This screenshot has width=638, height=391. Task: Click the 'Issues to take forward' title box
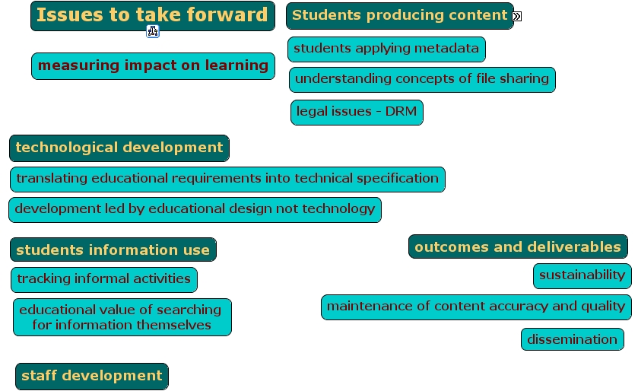pyautogui.click(x=153, y=16)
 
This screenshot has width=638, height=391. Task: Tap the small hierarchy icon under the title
pyautogui.click(x=153, y=31)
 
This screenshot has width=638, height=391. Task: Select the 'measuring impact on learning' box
pyautogui.click(x=153, y=66)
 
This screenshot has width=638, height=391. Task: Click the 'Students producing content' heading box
pyautogui.click(x=400, y=16)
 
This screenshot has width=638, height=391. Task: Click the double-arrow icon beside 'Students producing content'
pyautogui.click(x=517, y=16)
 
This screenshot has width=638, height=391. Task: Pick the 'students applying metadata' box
pyautogui.click(x=386, y=49)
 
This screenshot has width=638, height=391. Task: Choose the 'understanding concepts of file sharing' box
pyautogui.click(x=422, y=80)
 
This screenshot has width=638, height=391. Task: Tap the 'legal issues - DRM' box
pyautogui.click(x=357, y=113)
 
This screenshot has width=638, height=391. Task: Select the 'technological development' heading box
pyautogui.click(x=119, y=148)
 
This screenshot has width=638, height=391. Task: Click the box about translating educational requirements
pyautogui.click(x=227, y=180)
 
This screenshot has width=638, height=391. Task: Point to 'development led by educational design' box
pyautogui.click(x=195, y=210)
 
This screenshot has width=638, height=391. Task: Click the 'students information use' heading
pyautogui.click(x=113, y=250)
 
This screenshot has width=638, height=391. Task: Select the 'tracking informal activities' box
pyautogui.click(x=104, y=280)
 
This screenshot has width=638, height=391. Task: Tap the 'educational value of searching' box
pyautogui.click(x=122, y=317)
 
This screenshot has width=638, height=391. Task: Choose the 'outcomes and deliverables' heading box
pyautogui.click(x=518, y=246)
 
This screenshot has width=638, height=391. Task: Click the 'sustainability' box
pyautogui.click(x=582, y=276)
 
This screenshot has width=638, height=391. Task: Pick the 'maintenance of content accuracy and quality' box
pyautogui.click(x=476, y=307)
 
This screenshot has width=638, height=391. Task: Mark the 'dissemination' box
pyautogui.click(x=572, y=339)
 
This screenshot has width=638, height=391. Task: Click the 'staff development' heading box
pyautogui.click(x=92, y=377)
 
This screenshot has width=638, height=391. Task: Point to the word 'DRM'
pyautogui.click(x=401, y=111)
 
